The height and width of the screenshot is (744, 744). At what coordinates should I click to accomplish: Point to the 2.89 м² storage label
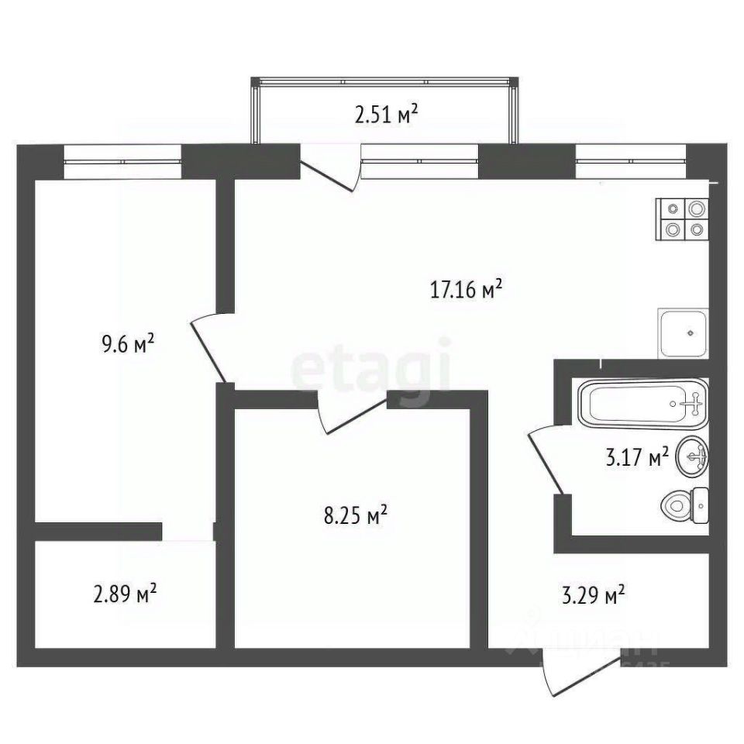[125, 594]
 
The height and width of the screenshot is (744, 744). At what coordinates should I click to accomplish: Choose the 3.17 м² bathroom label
[635, 459]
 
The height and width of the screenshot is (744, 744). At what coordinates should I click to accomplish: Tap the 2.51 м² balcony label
[386, 116]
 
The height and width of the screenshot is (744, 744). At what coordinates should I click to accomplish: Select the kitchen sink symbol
[683, 332]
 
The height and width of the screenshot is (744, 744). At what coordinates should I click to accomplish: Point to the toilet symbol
[685, 507]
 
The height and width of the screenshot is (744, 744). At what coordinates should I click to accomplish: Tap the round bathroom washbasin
[692, 459]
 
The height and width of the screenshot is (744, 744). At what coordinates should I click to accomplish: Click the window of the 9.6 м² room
[122, 161]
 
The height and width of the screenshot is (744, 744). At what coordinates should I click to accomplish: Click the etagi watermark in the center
[371, 364]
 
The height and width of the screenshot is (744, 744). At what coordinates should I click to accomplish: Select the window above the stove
[632, 161]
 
